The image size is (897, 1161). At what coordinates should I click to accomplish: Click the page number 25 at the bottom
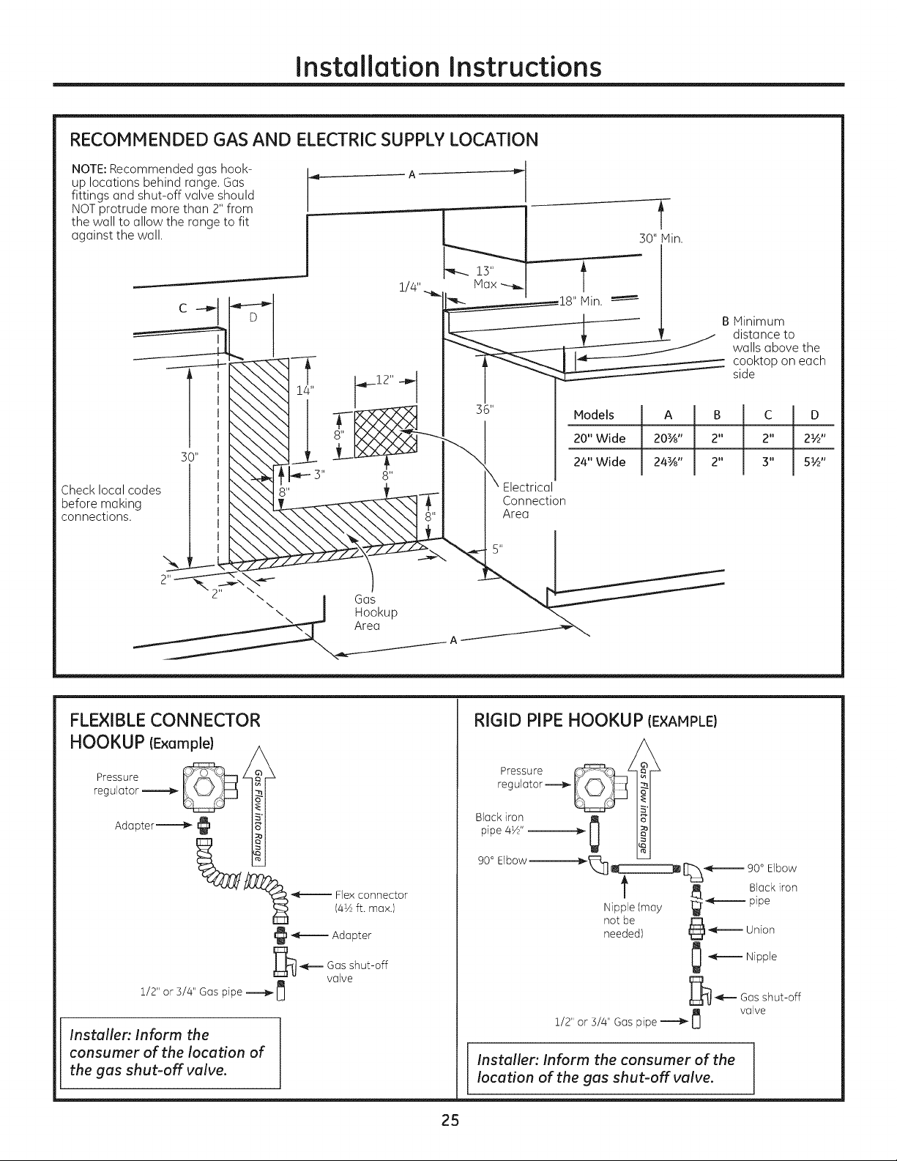point(450,1121)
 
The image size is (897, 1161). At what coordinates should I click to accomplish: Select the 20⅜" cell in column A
point(667,439)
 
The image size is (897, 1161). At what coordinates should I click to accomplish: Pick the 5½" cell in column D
point(814,462)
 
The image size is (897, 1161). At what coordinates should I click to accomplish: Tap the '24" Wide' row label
point(599,462)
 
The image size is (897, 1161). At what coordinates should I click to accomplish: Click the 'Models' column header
point(594,415)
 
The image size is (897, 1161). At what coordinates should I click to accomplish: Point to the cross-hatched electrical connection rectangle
point(385,431)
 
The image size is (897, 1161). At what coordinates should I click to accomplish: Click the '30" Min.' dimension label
point(661,238)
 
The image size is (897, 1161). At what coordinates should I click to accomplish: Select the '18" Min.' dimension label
point(581,301)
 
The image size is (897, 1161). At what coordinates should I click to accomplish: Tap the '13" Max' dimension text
point(485,278)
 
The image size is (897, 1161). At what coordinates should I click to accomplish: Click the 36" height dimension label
point(485,409)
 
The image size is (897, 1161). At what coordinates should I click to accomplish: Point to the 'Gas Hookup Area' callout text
point(376,612)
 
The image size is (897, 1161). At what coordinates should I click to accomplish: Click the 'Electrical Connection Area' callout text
point(534,500)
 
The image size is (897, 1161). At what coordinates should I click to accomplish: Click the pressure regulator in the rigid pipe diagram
point(598,787)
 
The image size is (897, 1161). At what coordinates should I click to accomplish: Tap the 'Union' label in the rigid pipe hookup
point(760,930)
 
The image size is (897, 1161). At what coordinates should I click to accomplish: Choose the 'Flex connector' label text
point(371,895)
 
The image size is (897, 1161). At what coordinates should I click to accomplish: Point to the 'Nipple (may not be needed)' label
point(632,920)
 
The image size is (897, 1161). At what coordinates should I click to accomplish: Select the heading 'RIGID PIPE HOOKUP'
point(558,721)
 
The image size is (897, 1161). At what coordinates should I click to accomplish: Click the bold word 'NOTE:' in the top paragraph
point(89,169)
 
